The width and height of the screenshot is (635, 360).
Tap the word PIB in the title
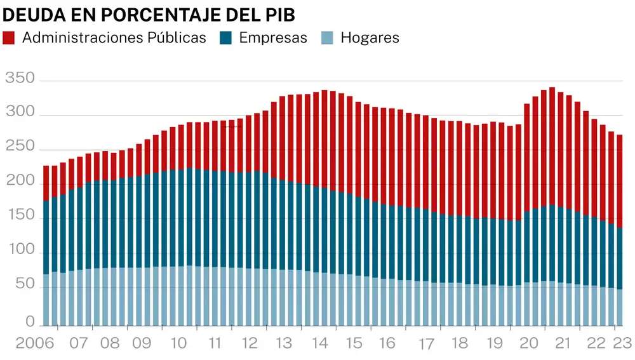point(278,15)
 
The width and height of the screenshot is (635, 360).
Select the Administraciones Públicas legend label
point(114,37)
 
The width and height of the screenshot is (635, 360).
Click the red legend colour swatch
point(9,37)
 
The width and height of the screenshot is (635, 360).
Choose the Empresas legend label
point(273,37)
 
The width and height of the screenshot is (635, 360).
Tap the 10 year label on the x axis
point(178,343)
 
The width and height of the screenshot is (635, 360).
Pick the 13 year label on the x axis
point(283,343)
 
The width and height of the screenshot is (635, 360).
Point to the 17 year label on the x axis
point(426,345)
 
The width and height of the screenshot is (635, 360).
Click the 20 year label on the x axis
point(528,343)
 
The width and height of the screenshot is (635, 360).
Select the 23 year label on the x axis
point(622,343)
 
